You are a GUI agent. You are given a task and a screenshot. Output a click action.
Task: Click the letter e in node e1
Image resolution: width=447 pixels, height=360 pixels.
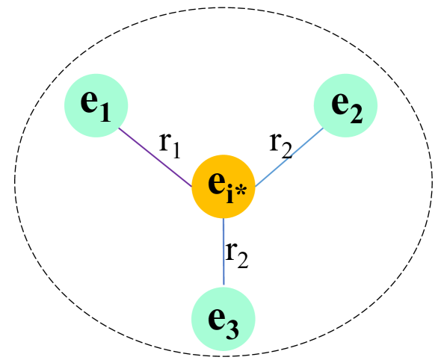90,103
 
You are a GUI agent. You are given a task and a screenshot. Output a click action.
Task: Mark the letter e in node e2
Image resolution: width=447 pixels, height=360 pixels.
340,103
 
